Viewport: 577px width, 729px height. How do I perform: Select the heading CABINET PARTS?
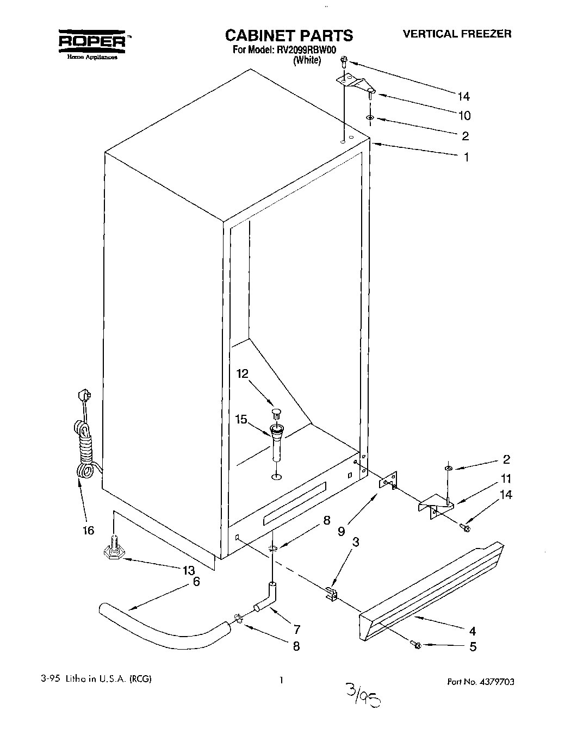click(x=289, y=36)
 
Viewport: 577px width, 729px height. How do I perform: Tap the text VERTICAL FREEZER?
click(x=457, y=34)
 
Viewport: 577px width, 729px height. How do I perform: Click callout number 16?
click(x=89, y=531)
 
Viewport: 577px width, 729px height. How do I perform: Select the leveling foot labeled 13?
click(x=113, y=550)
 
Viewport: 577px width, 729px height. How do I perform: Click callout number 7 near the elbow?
click(x=297, y=630)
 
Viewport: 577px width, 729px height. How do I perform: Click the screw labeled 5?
click(x=417, y=645)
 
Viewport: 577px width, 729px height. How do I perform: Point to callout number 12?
click(x=243, y=373)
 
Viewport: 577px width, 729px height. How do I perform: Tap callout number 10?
click(x=464, y=116)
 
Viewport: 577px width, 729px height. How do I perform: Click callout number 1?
click(x=466, y=157)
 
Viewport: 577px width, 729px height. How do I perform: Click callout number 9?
click(x=341, y=531)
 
